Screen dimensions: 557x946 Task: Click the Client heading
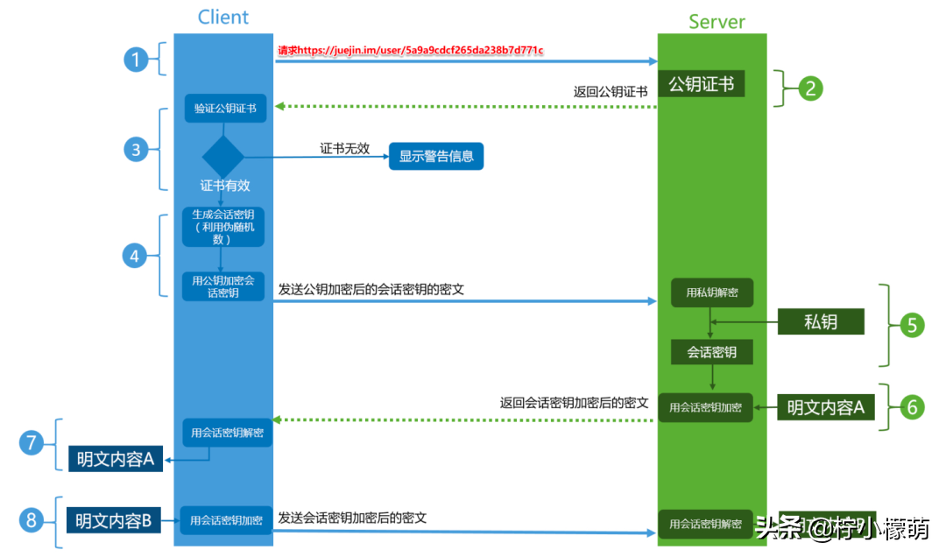[223, 17]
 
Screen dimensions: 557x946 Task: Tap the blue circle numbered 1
[135, 60]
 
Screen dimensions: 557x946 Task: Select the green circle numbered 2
[810, 88]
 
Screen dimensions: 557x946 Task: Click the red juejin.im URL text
[410, 51]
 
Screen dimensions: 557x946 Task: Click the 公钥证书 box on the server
[702, 84]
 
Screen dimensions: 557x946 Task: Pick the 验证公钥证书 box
[225, 109]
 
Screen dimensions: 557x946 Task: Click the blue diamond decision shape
[223, 157]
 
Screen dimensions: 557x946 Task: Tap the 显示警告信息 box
[436, 157]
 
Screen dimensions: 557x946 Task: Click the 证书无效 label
[344, 149]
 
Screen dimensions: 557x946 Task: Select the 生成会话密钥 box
[223, 226]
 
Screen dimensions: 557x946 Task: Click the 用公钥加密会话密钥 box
[223, 286]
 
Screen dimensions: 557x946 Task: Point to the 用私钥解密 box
[711, 293]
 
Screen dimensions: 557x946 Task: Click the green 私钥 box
[821, 321]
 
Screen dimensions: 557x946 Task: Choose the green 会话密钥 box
[711, 352]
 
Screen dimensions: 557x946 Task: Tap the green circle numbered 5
[911, 325]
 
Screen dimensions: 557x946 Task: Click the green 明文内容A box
[825, 407]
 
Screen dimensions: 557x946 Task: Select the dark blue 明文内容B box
[113, 521]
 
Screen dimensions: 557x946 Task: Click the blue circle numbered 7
[32, 443]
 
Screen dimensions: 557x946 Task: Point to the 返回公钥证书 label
[611, 91]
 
